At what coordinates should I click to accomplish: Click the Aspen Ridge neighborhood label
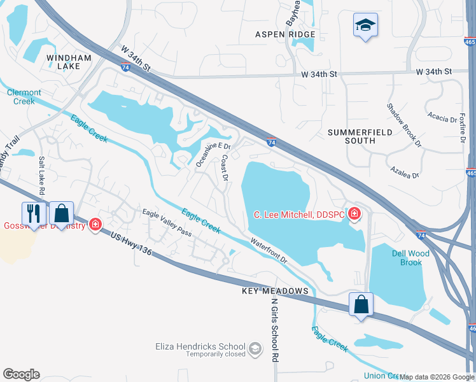click(285, 34)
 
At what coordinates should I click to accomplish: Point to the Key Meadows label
click(275, 291)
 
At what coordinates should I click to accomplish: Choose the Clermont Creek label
click(24, 97)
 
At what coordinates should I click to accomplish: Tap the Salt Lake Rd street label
click(42, 175)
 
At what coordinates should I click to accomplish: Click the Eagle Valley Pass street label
click(167, 223)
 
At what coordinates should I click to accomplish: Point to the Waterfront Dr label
click(269, 251)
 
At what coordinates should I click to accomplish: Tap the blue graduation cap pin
click(365, 25)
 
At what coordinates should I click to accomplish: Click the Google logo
click(21, 374)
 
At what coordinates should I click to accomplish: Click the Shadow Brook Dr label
click(404, 125)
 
